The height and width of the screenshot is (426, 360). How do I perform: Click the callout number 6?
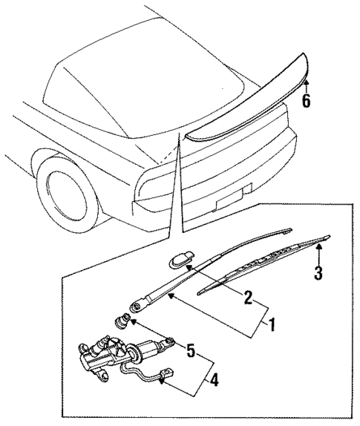pyautogui.click(x=306, y=100)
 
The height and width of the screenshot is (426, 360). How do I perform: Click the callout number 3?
pyautogui.click(x=318, y=272)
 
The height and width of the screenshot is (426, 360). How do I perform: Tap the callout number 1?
pyautogui.click(x=273, y=324)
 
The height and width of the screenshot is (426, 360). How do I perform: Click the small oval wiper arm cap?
pyautogui.click(x=178, y=260)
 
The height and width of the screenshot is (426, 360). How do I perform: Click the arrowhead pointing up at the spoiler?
pyautogui.click(x=306, y=84)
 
